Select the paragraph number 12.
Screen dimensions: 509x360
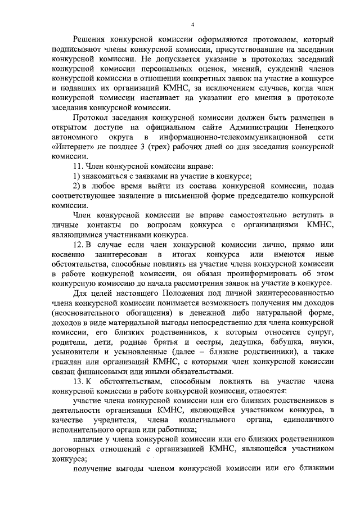click(79, 246)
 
